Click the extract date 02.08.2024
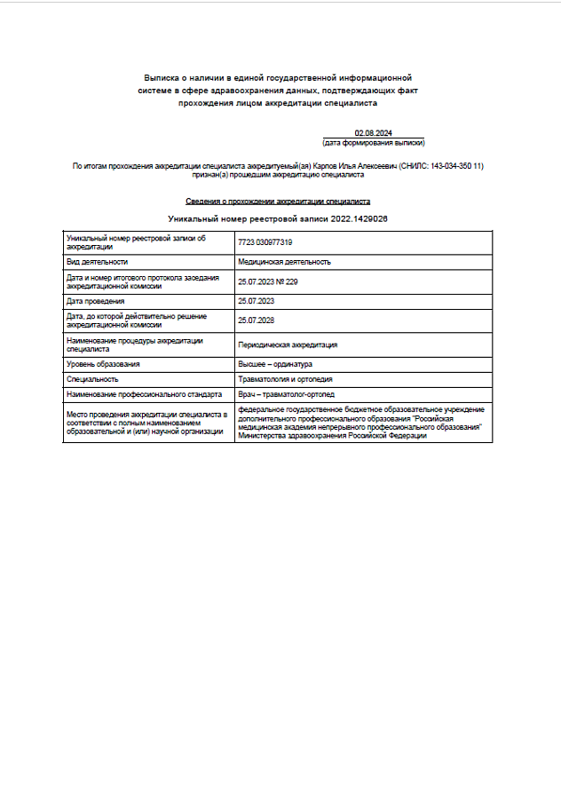coord(373,133)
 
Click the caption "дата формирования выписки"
coord(374,142)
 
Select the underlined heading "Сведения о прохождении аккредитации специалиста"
coord(278,202)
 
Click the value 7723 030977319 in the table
coord(265,242)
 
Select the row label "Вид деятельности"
coord(98,262)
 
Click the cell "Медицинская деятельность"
coord(284,262)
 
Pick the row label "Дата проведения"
coord(95,302)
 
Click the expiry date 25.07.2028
coord(257,320)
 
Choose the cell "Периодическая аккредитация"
coord(288,344)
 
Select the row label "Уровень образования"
coord(103,364)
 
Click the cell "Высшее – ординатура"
coord(274,364)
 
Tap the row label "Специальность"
coord(92,379)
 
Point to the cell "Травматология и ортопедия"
coord(285,379)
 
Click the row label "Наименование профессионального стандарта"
coord(144,393)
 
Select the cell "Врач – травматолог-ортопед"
coord(287,393)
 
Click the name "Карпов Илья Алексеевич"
coord(360,167)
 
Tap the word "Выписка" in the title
coord(162,79)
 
